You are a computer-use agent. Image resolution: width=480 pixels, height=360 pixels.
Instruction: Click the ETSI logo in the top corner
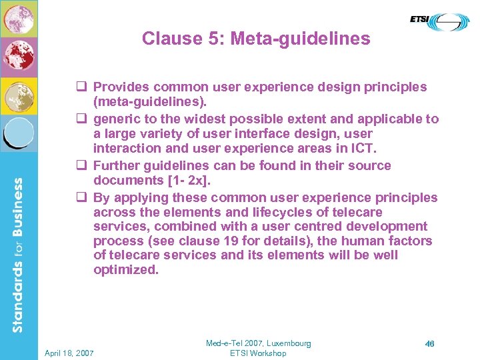[439, 21]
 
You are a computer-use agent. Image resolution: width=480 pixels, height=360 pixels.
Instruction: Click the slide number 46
[430, 344]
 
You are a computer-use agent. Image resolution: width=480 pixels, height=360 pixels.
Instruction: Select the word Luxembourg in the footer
[287, 343]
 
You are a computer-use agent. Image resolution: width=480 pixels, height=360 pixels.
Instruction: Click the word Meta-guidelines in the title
[300, 39]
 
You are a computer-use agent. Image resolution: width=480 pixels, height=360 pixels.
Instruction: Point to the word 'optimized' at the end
[125, 270]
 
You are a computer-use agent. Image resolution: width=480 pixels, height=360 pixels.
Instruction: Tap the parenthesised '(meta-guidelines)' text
[150, 102]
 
